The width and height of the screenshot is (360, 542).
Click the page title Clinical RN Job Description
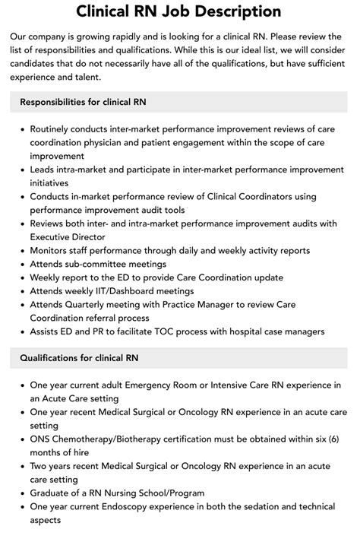coord(179,11)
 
